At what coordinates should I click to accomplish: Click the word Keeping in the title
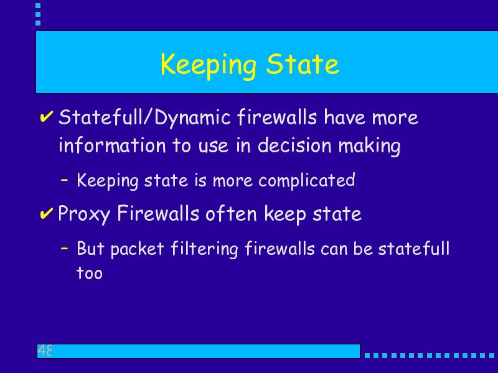[x=209, y=65]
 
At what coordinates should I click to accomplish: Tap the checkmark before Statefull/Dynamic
[x=46, y=116]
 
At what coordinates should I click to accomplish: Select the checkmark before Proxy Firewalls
[x=46, y=213]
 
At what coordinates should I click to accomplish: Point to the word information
[x=112, y=145]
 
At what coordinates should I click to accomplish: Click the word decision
[x=294, y=145]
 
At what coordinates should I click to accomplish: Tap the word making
[x=369, y=147]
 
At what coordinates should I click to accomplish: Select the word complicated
[x=306, y=181]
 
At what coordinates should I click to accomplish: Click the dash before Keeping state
[x=65, y=180]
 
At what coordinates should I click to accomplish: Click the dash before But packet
[x=65, y=247]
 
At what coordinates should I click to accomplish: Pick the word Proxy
[x=84, y=214]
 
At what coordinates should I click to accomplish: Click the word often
[x=231, y=213]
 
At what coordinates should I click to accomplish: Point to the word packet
[x=137, y=249]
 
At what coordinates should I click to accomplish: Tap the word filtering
[x=204, y=249]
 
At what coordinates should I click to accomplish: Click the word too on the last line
[x=90, y=273]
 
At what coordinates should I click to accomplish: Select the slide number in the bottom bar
[x=45, y=351]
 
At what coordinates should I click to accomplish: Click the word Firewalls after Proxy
[x=158, y=213]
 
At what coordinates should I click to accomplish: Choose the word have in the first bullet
[x=345, y=117]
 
